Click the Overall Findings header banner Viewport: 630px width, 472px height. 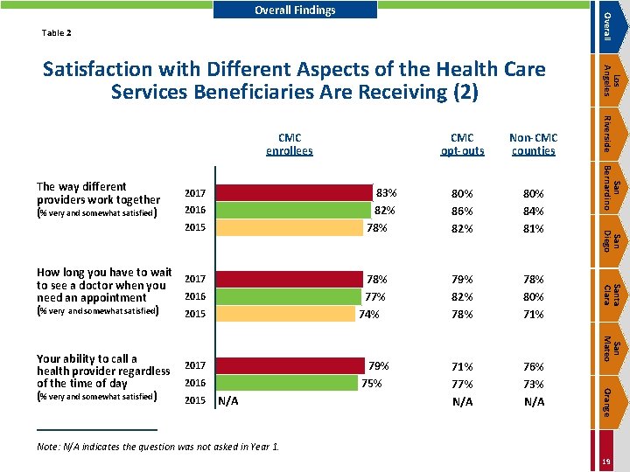[295, 10]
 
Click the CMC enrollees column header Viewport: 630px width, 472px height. [289, 144]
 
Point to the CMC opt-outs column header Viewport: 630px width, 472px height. [461, 144]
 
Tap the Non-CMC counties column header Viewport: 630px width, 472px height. [533, 144]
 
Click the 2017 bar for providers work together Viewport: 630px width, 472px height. [294, 193]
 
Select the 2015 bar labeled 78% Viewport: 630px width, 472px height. [290, 228]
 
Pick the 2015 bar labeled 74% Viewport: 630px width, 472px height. [287, 313]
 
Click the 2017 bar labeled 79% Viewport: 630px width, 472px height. [290, 366]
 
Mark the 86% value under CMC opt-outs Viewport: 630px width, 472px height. [461, 211]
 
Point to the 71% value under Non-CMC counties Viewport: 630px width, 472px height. [533, 314]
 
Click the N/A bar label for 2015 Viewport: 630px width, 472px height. [228, 401]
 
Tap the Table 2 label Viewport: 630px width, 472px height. [57, 34]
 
